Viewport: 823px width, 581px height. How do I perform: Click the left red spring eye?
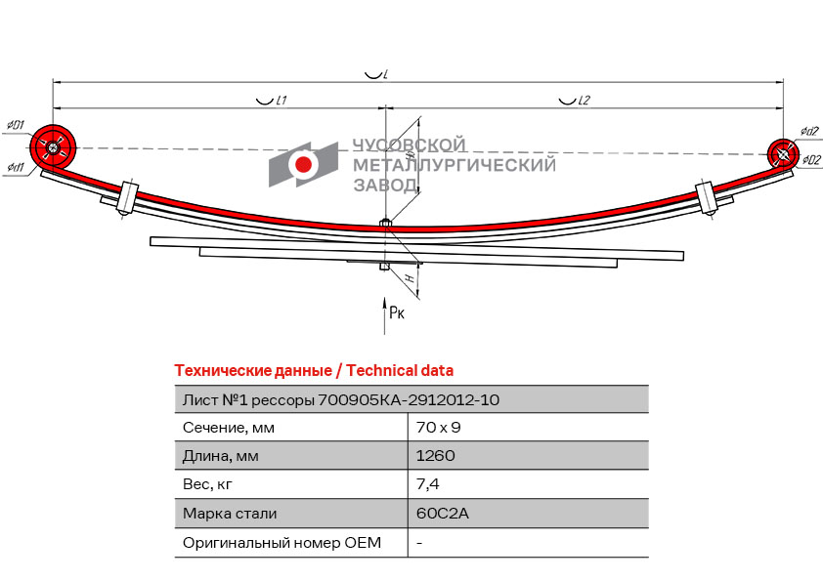tap(53, 147)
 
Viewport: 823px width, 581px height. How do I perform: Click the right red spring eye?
tap(782, 153)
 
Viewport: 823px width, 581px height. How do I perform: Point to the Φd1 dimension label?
tap(15, 167)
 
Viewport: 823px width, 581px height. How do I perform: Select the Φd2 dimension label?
tap(808, 132)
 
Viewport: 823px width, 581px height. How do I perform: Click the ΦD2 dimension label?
tap(810, 161)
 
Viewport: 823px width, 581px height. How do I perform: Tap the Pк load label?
tap(396, 312)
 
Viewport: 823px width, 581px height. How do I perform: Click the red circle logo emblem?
tap(304, 164)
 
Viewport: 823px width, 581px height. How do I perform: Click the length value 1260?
tap(435, 456)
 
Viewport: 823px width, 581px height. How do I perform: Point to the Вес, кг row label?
tap(209, 484)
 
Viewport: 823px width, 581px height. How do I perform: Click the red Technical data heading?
tap(313, 370)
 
